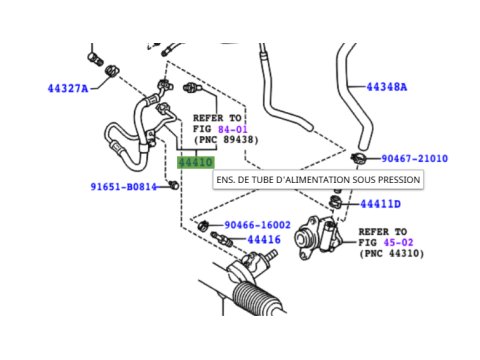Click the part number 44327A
[68, 89]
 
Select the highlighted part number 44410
[196, 163]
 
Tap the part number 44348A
[387, 87]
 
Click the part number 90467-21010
[414, 158]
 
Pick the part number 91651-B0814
[124, 187]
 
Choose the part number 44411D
[380, 204]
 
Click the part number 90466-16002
[257, 225]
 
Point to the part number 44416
[264, 239]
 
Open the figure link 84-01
[232, 129]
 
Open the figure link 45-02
[398, 242]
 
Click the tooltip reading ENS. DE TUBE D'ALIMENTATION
[318, 180]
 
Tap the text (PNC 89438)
[226, 140]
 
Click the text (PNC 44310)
[391, 253]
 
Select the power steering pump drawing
[317, 238]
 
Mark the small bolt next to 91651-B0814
[174, 185]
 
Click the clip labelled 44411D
[335, 202]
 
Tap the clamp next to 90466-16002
[203, 226]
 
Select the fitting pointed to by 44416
[222, 239]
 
